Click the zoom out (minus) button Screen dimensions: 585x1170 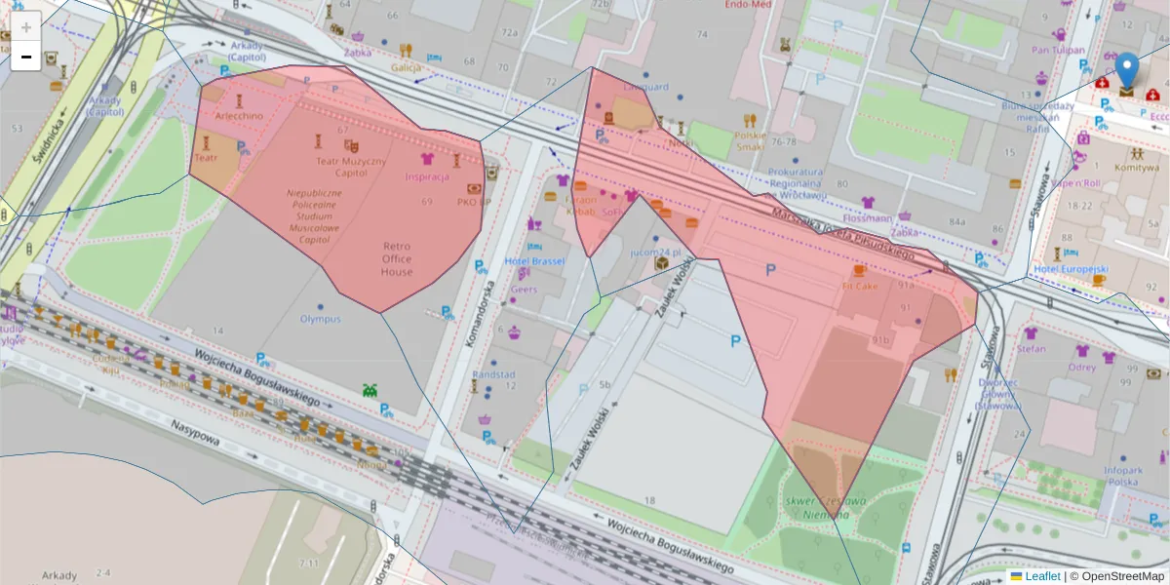pyautogui.click(x=26, y=58)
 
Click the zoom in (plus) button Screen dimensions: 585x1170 pyautogui.click(x=26, y=27)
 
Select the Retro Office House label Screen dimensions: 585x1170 pyautogui.click(x=397, y=258)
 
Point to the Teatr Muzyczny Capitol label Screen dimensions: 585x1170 pyautogui.click(x=351, y=167)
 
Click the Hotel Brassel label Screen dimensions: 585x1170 pyautogui.click(x=534, y=261)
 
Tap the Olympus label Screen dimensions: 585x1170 pyautogui.click(x=321, y=319)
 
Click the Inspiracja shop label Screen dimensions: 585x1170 pyautogui.click(x=427, y=176)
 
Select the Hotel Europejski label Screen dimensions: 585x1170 pyautogui.click(x=1072, y=268)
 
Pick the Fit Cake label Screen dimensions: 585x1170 pyautogui.click(x=860, y=287)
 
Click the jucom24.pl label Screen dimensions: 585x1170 pyautogui.click(x=654, y=251)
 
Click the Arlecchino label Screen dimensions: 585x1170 pyautogui.click(x=239, y=116)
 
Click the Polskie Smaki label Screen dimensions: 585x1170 pyautogui.click(x=751, y=140)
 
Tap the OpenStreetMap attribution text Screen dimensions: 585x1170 pyautogui.click(x=1116, y=576)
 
